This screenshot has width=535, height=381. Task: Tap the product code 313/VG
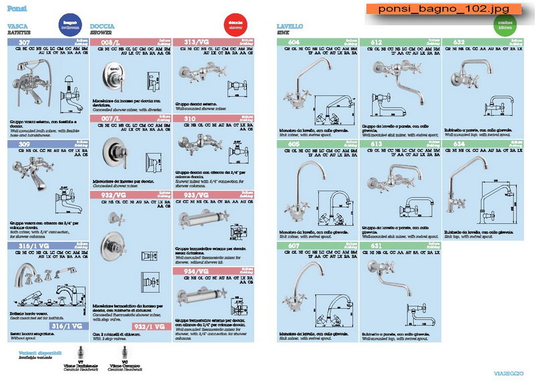[197, 41]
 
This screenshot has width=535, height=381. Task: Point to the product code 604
[294, 41]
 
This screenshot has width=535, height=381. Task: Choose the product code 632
[459, 41]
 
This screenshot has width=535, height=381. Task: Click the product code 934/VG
[197, 271]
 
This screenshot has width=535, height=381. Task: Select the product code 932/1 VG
[148, 326]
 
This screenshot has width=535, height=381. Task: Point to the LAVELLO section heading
[290, 26]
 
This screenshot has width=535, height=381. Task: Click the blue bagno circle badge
[70, 24]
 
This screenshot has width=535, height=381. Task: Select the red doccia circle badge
[235, 23]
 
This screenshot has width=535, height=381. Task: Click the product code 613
[377, 144]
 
